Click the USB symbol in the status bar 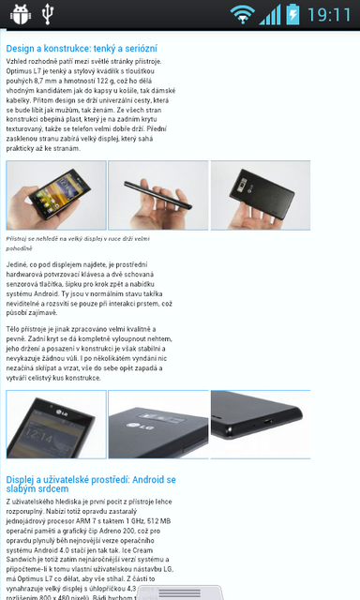50,14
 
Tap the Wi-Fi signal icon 243,14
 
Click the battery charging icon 292,14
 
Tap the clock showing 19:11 329,14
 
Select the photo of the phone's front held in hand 55,196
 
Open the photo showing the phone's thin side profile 157,196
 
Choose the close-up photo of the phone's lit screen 55,424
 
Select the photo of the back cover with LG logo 157,424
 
